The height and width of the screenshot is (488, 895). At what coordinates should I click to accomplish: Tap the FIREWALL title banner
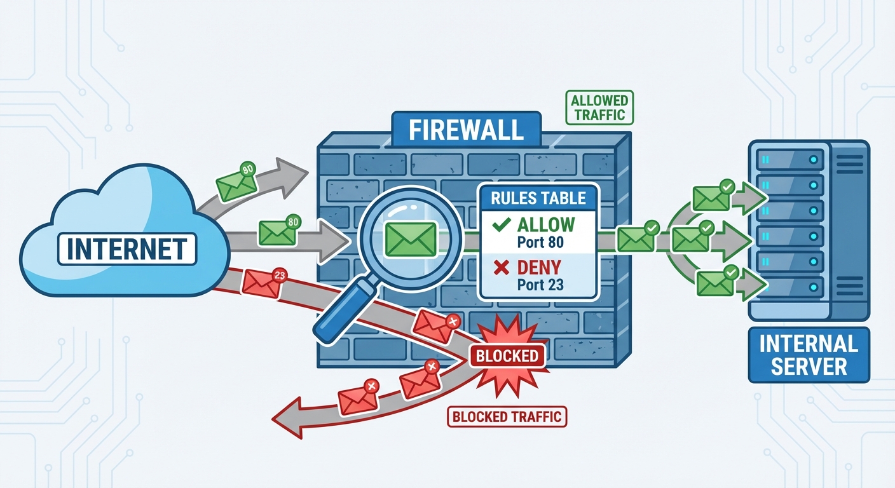[x=466, y=129]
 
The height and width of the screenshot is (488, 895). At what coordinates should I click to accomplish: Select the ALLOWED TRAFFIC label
[x=599, y=107]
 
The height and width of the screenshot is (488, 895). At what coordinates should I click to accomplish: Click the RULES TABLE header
[x=538, y=198]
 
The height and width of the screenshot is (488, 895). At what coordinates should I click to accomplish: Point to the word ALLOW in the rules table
[x=545, y=224]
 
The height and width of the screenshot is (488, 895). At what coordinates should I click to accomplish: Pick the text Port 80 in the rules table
[x=540, y=242]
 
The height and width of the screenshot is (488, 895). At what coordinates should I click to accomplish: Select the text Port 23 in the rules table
[x=540, y=285]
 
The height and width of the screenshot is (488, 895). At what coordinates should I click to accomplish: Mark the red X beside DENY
[x=502, y=268]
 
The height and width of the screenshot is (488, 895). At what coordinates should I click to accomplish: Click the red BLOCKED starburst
[x=507, y=356]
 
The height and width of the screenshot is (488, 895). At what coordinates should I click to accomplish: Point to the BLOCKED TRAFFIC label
[x=507, y=417]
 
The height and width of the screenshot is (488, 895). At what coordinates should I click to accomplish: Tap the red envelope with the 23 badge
[x=261, y=284]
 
